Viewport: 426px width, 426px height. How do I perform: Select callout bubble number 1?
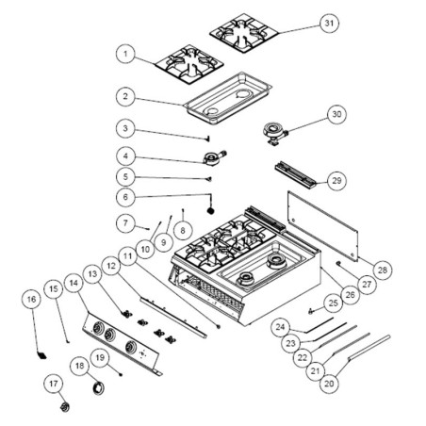pyautogui.click(x=124, y=55)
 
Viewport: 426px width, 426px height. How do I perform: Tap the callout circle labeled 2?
pyautogui.click(x=124, y=95)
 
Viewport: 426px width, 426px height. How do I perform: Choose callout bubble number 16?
pyautogui.click(x=31, y=299)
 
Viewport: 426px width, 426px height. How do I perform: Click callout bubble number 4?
pyautogui.click(x=124, y=156)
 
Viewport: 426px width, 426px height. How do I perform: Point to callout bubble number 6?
pyautogui.click(x=124, y=196)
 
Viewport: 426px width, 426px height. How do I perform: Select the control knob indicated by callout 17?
pyautogui.click(x=65, y=405)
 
